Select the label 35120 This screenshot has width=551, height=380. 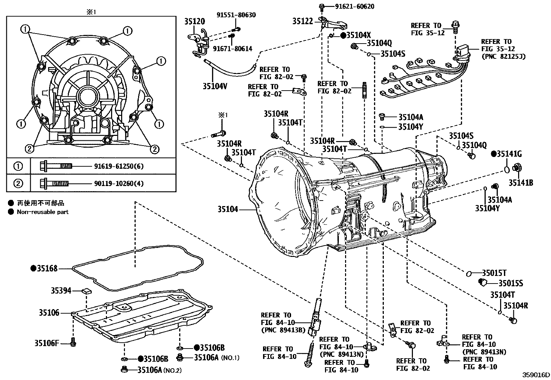point(194,21)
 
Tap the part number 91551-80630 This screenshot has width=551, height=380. point(236,15)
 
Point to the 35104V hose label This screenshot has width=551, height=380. point(215,86)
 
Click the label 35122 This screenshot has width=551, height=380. point(302,21)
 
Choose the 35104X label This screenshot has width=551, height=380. point(359,35)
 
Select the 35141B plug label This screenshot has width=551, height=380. point(521,183)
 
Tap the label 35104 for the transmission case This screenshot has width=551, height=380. point(228,209)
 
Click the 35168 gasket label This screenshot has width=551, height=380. point(47,268)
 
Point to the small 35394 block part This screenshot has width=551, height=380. point(87,291)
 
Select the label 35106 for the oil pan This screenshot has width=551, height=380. point(49,313)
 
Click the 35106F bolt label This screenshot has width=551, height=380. point(47,343)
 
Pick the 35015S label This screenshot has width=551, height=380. point(511,284)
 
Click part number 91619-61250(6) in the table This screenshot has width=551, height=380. point(119,166)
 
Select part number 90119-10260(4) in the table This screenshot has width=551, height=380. point(119,183)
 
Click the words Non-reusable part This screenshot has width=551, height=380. point(43,212)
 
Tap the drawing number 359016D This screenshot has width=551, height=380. point(536,375)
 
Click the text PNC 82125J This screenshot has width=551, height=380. point(503,56)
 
